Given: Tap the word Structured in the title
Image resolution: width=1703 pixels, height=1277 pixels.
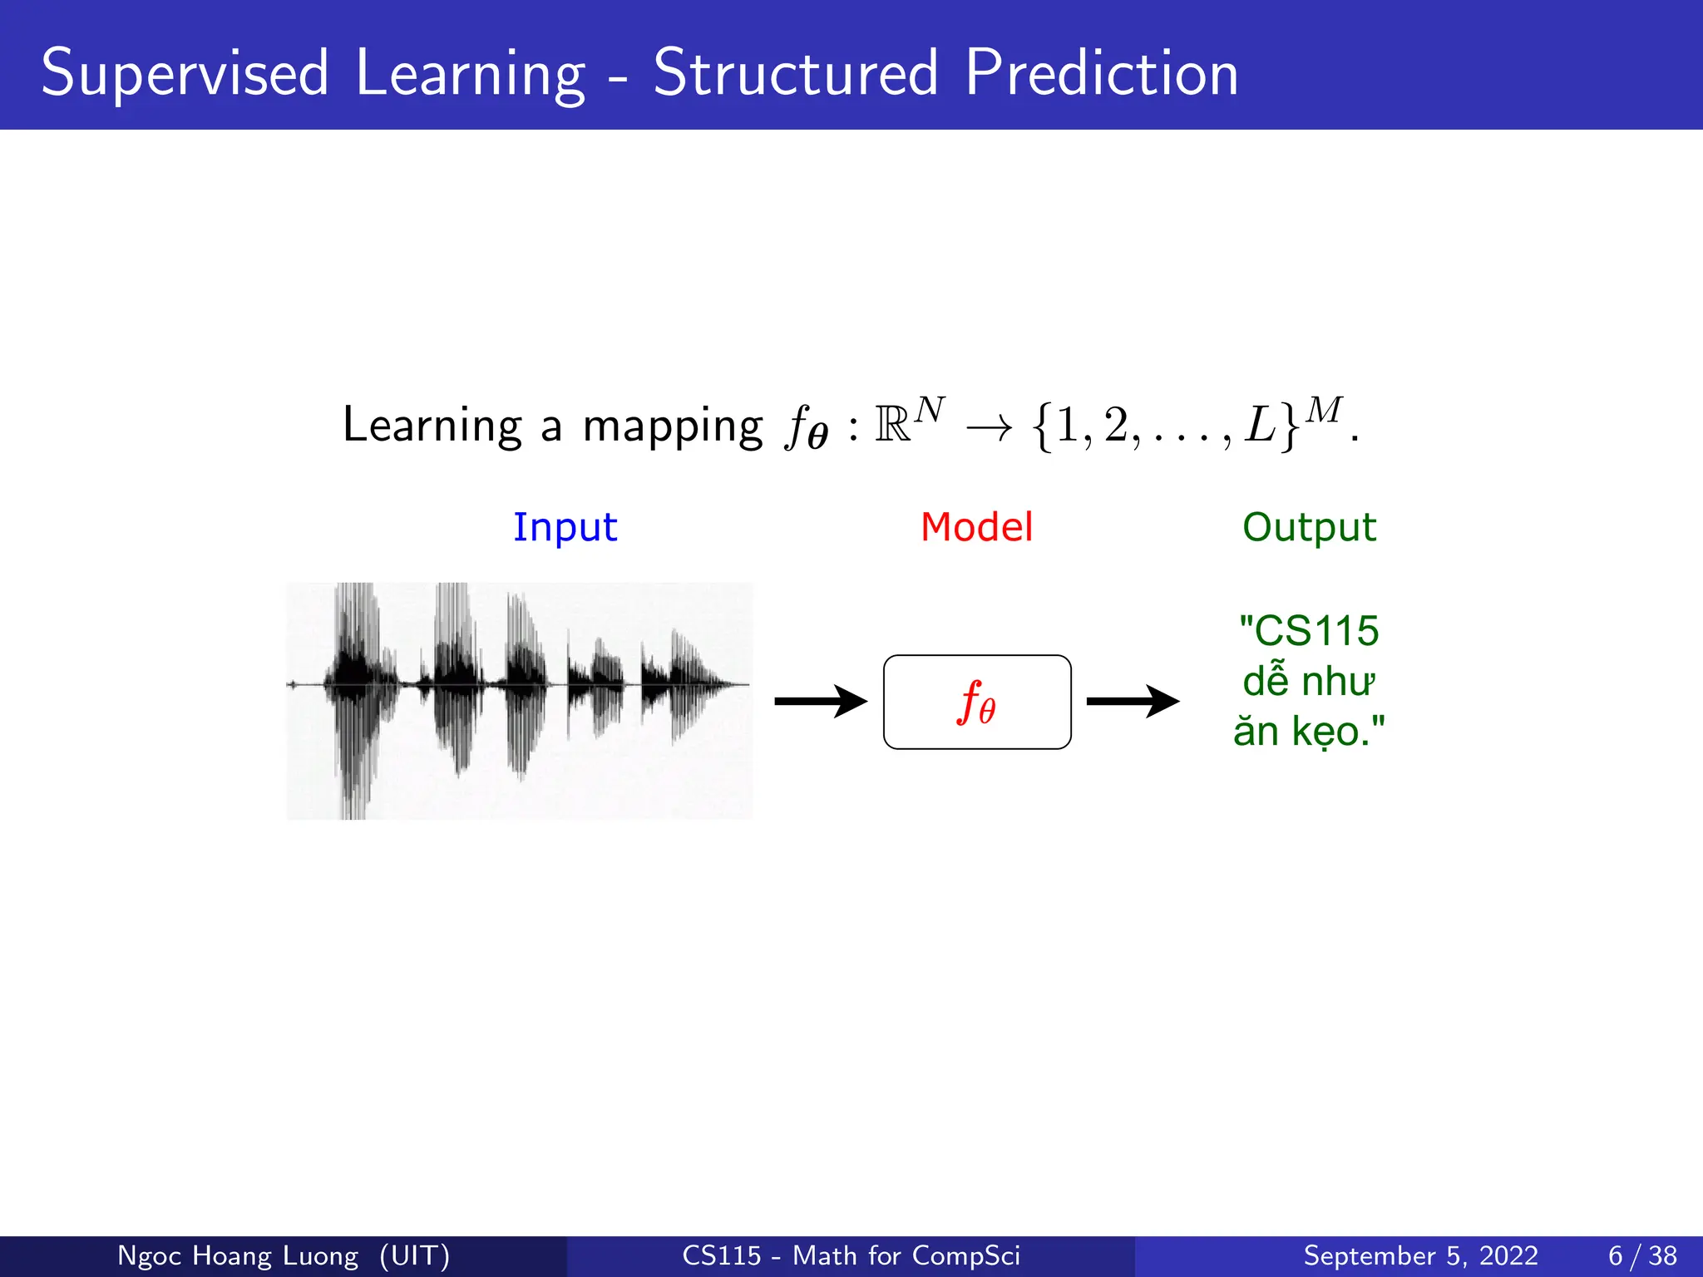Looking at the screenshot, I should pos(796,73).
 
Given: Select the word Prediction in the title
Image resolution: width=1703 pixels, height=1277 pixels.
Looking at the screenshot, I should pos(1102,73).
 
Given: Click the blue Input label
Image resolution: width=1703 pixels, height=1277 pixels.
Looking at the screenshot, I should pos(565,528).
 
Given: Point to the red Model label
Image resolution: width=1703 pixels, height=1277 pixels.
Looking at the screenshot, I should pos(976,527).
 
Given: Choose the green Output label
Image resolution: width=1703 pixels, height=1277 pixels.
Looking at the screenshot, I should pos(1309,527).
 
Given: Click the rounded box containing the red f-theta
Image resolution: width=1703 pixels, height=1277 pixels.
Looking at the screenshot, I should pos(977,703).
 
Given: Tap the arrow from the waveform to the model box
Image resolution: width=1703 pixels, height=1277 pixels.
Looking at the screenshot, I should pos(820,702).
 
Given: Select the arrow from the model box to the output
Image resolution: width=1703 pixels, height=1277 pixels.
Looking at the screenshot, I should pos(1132,702).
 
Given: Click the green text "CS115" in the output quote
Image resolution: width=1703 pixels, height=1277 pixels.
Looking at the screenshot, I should pos(1316,631).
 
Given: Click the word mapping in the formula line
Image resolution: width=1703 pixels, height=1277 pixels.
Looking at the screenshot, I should pos(672,426).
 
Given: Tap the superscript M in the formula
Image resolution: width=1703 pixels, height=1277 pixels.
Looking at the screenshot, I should pos(1324,411).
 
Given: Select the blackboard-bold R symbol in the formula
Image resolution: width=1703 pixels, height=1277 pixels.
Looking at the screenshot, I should pos(892,425).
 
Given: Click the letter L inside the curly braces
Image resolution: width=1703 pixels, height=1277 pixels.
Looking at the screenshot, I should pos(1260,425).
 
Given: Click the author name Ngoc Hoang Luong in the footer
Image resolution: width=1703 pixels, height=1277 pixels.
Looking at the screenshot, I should pos(238,1255).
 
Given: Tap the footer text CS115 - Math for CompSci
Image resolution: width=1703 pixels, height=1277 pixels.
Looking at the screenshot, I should pos(851,1255).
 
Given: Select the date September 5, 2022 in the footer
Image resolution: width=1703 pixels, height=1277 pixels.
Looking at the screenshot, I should pos(1420,1255).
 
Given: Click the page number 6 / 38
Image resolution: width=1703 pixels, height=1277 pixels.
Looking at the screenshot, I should pos(1642,1255).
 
